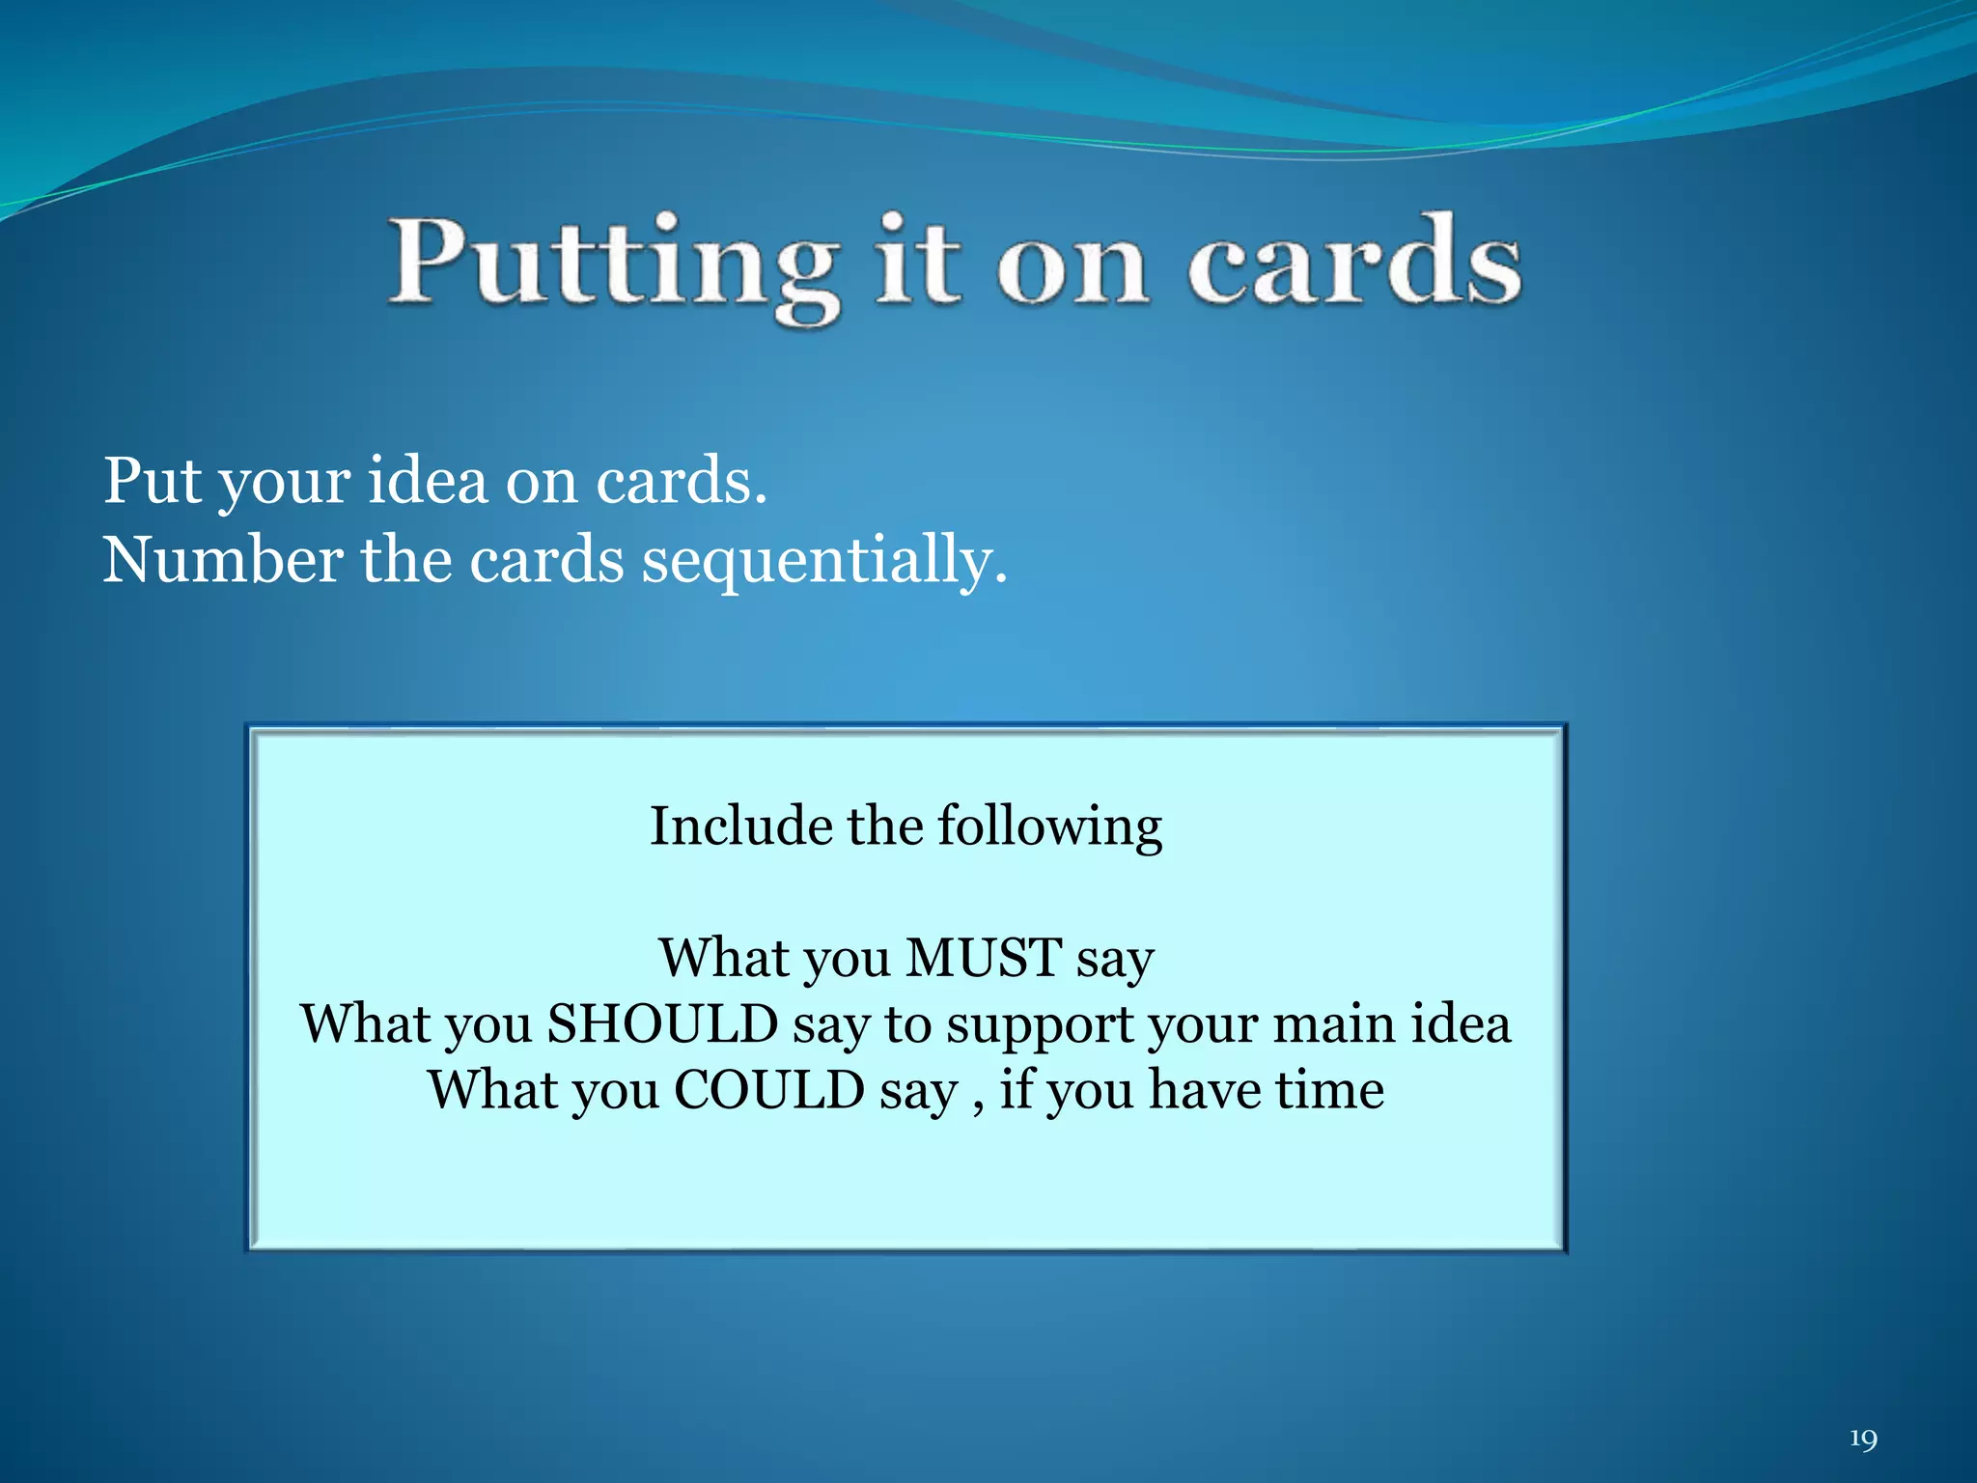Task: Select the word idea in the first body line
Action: click(428, 480)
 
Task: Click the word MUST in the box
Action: click(984, 958)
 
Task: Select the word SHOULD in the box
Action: click(662, 1024)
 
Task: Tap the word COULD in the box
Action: click(768, 1090)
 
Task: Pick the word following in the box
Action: click(1049, 828)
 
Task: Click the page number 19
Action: click(1862, 1440)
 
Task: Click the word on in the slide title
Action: click(1072, 266)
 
